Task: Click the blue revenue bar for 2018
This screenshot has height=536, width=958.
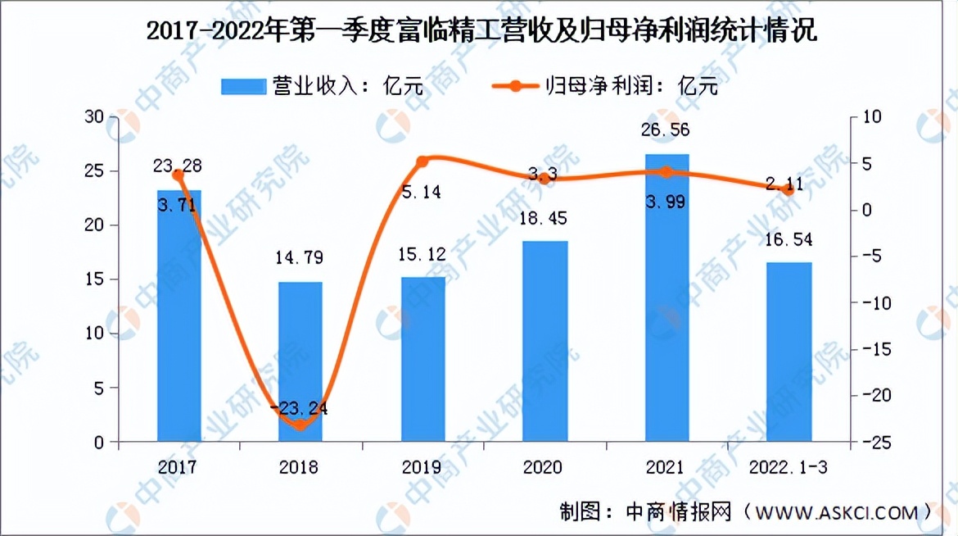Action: pos(301,361)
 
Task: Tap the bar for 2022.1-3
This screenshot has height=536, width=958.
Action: pos(790,352)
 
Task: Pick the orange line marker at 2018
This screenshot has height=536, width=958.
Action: pos(301,424)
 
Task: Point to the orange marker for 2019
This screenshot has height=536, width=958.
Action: pos(423,161)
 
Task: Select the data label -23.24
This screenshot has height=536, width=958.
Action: pos(300,407)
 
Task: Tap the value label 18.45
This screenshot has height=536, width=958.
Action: pos(545,219)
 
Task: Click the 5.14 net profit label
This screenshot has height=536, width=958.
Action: pos(423,193)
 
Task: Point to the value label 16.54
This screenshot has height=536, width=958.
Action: pos(789,241)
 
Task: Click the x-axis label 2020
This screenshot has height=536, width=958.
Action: pos(545,467)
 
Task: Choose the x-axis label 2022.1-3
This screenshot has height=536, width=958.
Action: pos(789,467)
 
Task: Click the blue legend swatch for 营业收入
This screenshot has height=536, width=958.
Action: pos(243,86)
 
